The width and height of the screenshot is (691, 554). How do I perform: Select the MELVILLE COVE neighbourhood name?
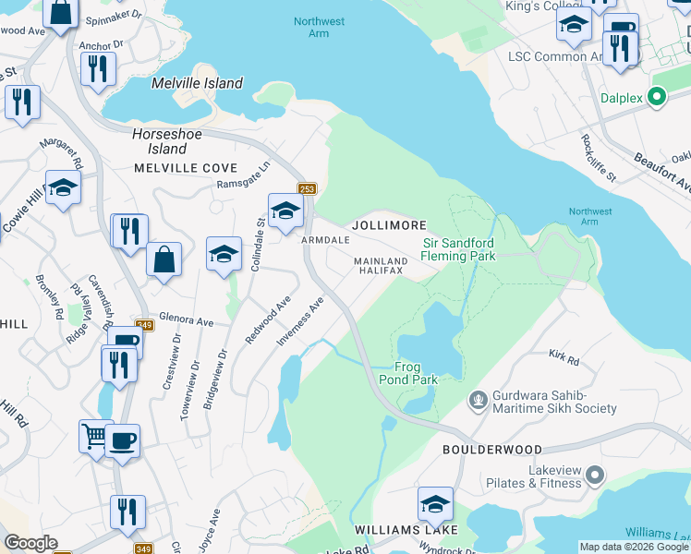pyautogui.click(x=186, y=168)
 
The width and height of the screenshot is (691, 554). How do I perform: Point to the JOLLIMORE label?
pyautogui.click(x=388, y=225)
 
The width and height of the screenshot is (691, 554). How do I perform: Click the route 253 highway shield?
pyautogui.click(x=307, y=188)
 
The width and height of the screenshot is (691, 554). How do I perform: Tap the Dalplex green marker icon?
pyautogui.click(x=657, y=96)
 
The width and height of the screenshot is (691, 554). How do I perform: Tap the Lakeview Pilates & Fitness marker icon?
pyautogui.click(x=594, y=476)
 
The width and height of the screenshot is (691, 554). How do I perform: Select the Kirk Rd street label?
pyautogui.click(x=563, y=356)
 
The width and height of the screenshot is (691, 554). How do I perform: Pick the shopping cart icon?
pyautogui.click(x=95, y=435)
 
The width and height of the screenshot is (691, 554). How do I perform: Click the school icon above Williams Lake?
pyautogui.click(x=435, y=504)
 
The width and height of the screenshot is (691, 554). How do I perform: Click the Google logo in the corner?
pyautogui.click(x=30, y=543)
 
